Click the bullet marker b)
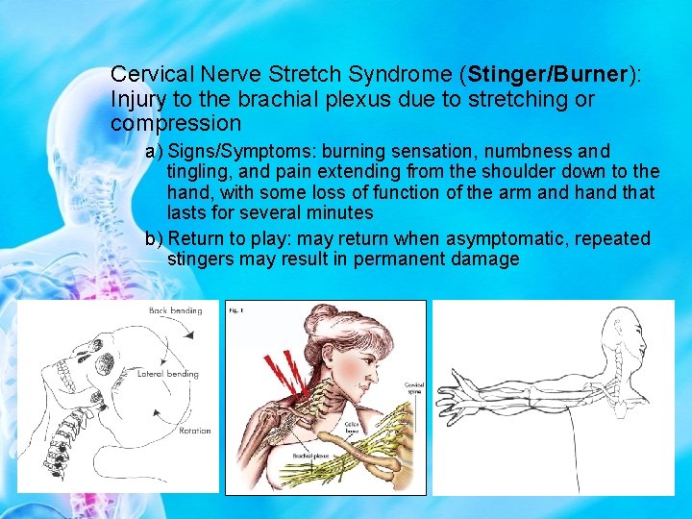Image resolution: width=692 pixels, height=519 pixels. click(x=154, y=238)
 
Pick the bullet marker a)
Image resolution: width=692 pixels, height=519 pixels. click(x=154, y=152)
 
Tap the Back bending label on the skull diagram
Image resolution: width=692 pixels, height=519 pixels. click(x=175, y=311)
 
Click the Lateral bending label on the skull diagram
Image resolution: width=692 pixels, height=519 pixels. click(x=168, y=374)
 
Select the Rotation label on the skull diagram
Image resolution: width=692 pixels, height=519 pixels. click(x=194, y=431)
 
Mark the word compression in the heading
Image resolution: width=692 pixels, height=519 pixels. click(x=176, y=124)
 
